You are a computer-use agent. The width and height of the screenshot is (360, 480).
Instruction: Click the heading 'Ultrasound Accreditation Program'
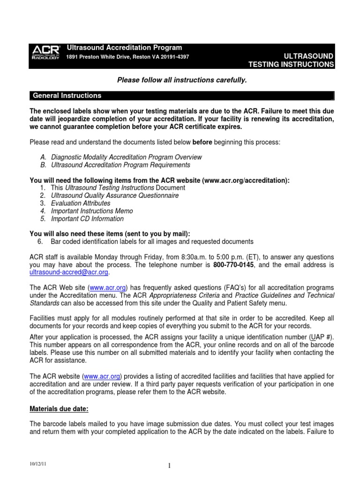click(124, 48)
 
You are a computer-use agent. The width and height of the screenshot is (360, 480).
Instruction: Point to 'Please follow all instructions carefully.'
click(181, 81)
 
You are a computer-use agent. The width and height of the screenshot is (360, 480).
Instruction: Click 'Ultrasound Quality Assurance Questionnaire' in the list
click(115, 195)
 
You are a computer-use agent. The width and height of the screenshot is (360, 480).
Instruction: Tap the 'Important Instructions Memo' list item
click(92, 211)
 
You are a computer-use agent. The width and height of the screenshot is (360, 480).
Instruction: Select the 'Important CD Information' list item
click(87, 219)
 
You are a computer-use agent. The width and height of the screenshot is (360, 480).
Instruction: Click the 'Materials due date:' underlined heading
click(59, 409)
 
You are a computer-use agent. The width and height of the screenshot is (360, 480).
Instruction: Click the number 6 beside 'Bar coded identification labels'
click(40, 241)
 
